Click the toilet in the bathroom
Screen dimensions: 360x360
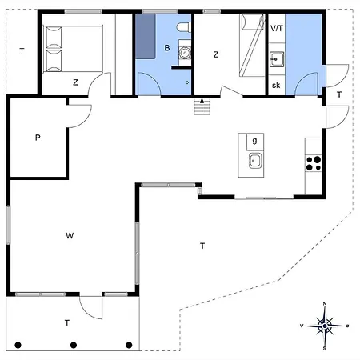click(184, 27)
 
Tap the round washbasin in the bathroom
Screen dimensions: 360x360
click(185, 53)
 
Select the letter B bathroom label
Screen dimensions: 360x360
click(167, 48)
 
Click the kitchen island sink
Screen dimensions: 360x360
click(255, 161)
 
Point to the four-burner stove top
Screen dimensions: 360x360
click(314, 163)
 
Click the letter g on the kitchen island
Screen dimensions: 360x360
click(254, 141)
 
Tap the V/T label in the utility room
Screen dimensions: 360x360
click(277, 28)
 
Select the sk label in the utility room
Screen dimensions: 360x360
click(276, 86)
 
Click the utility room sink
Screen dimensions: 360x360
click(277, 59)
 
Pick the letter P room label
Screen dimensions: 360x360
click(38, 138)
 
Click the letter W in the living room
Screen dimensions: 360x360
click(70, 235)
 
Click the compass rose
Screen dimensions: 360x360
click(325, 326)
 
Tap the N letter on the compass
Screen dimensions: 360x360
click(325, 304)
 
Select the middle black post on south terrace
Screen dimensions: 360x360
click(74, 345)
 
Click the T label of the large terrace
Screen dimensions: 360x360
click(202, 246)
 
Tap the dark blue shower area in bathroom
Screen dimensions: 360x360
click(146, 36)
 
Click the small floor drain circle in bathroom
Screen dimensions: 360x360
click(187, 82)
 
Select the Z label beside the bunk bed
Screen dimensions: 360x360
click(216, 54)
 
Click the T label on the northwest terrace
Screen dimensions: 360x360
click(22, 51)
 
